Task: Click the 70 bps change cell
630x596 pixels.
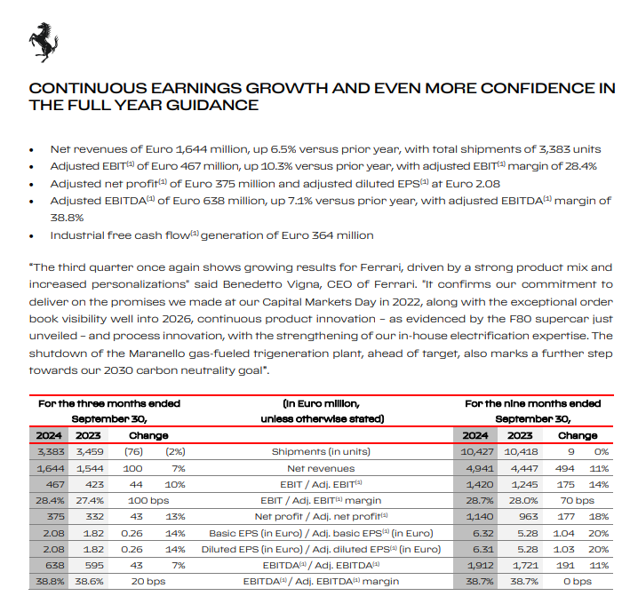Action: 577,501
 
